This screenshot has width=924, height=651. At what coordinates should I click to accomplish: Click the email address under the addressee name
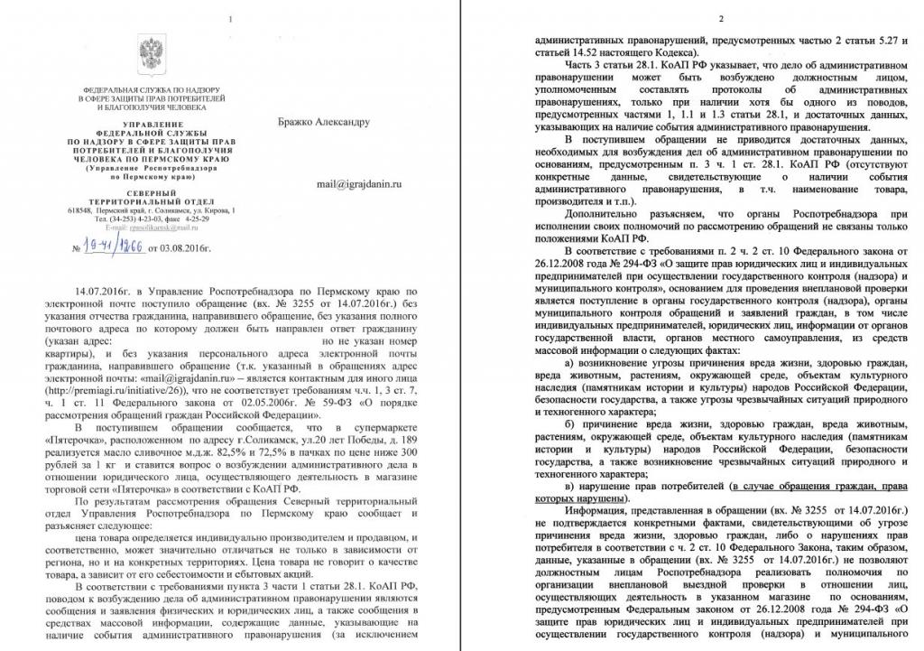357,183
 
